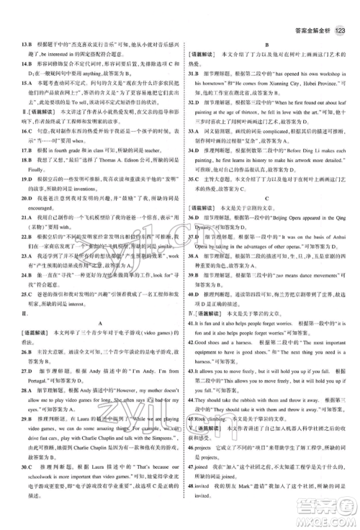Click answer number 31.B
pyautogui.click(x=194, y=73)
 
